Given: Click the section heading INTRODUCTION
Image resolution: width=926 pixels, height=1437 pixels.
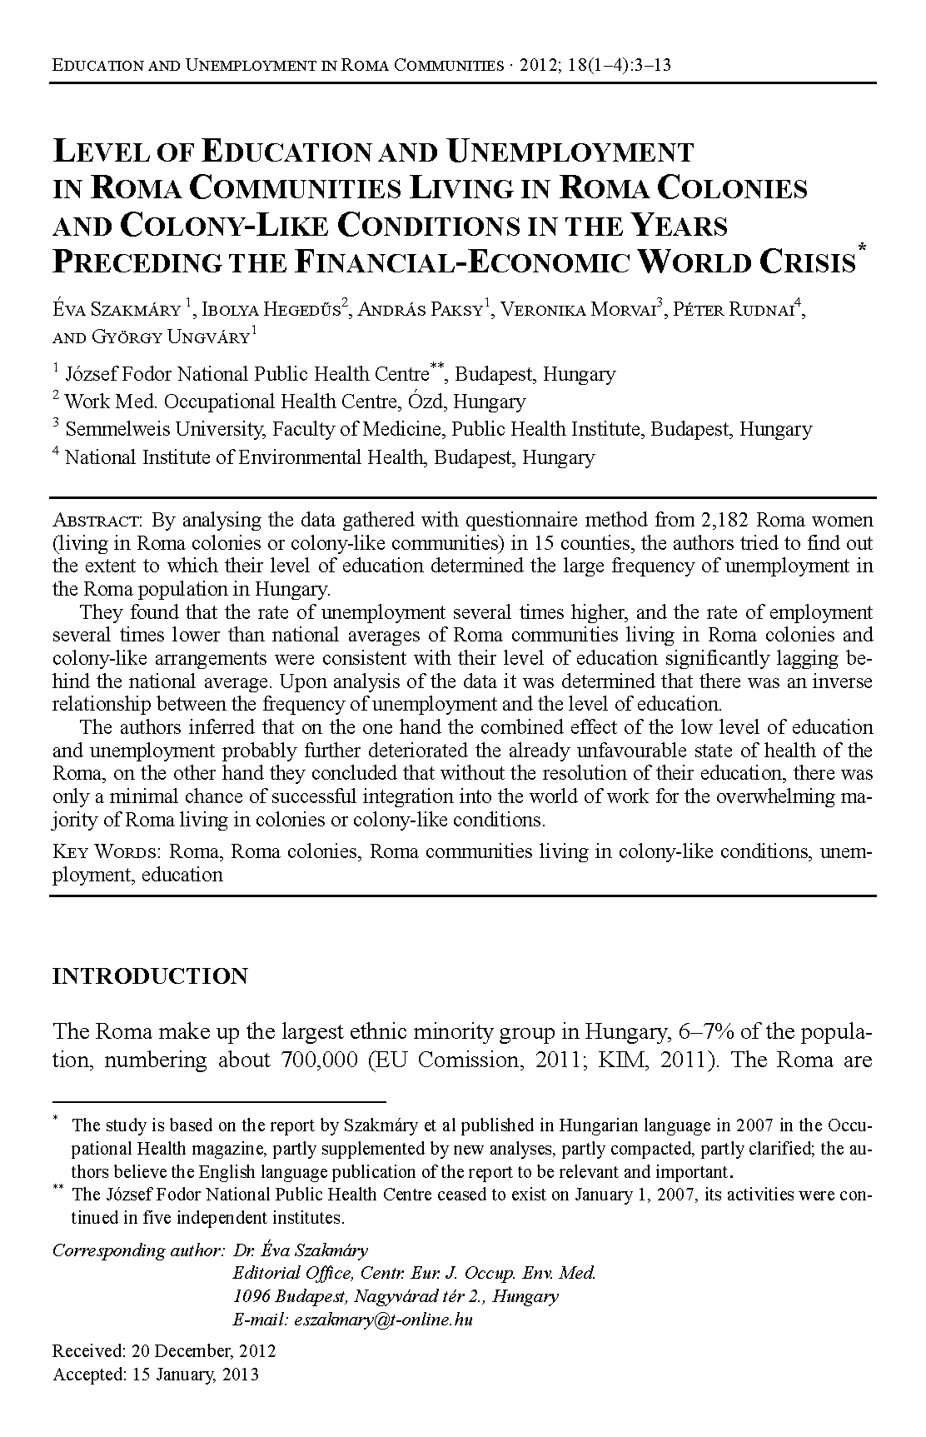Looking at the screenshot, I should click(150, 976).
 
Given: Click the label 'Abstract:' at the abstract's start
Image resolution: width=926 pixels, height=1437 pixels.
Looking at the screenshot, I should click(98, 521).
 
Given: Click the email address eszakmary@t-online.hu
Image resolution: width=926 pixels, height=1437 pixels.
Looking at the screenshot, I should click(380, 1320).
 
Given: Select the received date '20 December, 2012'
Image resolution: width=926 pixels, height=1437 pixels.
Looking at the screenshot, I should click(201, 1350).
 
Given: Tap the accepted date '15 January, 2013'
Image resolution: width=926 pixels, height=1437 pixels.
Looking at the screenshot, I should click(195, 1374).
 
